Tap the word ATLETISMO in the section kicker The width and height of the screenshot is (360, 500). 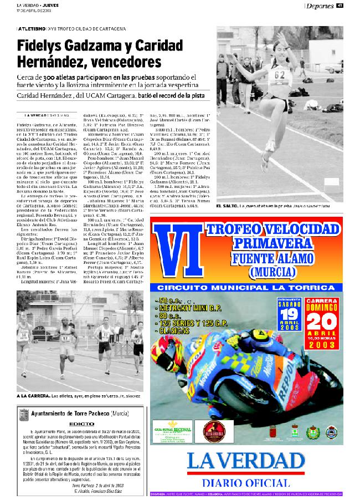coord(32,27)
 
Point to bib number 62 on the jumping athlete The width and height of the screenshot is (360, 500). coord(281,74)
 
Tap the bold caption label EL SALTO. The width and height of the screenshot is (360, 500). coord(227,206)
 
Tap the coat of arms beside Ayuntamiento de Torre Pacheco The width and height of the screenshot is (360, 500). coord(23,414)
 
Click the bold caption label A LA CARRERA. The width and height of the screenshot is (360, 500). coord(33,396)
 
